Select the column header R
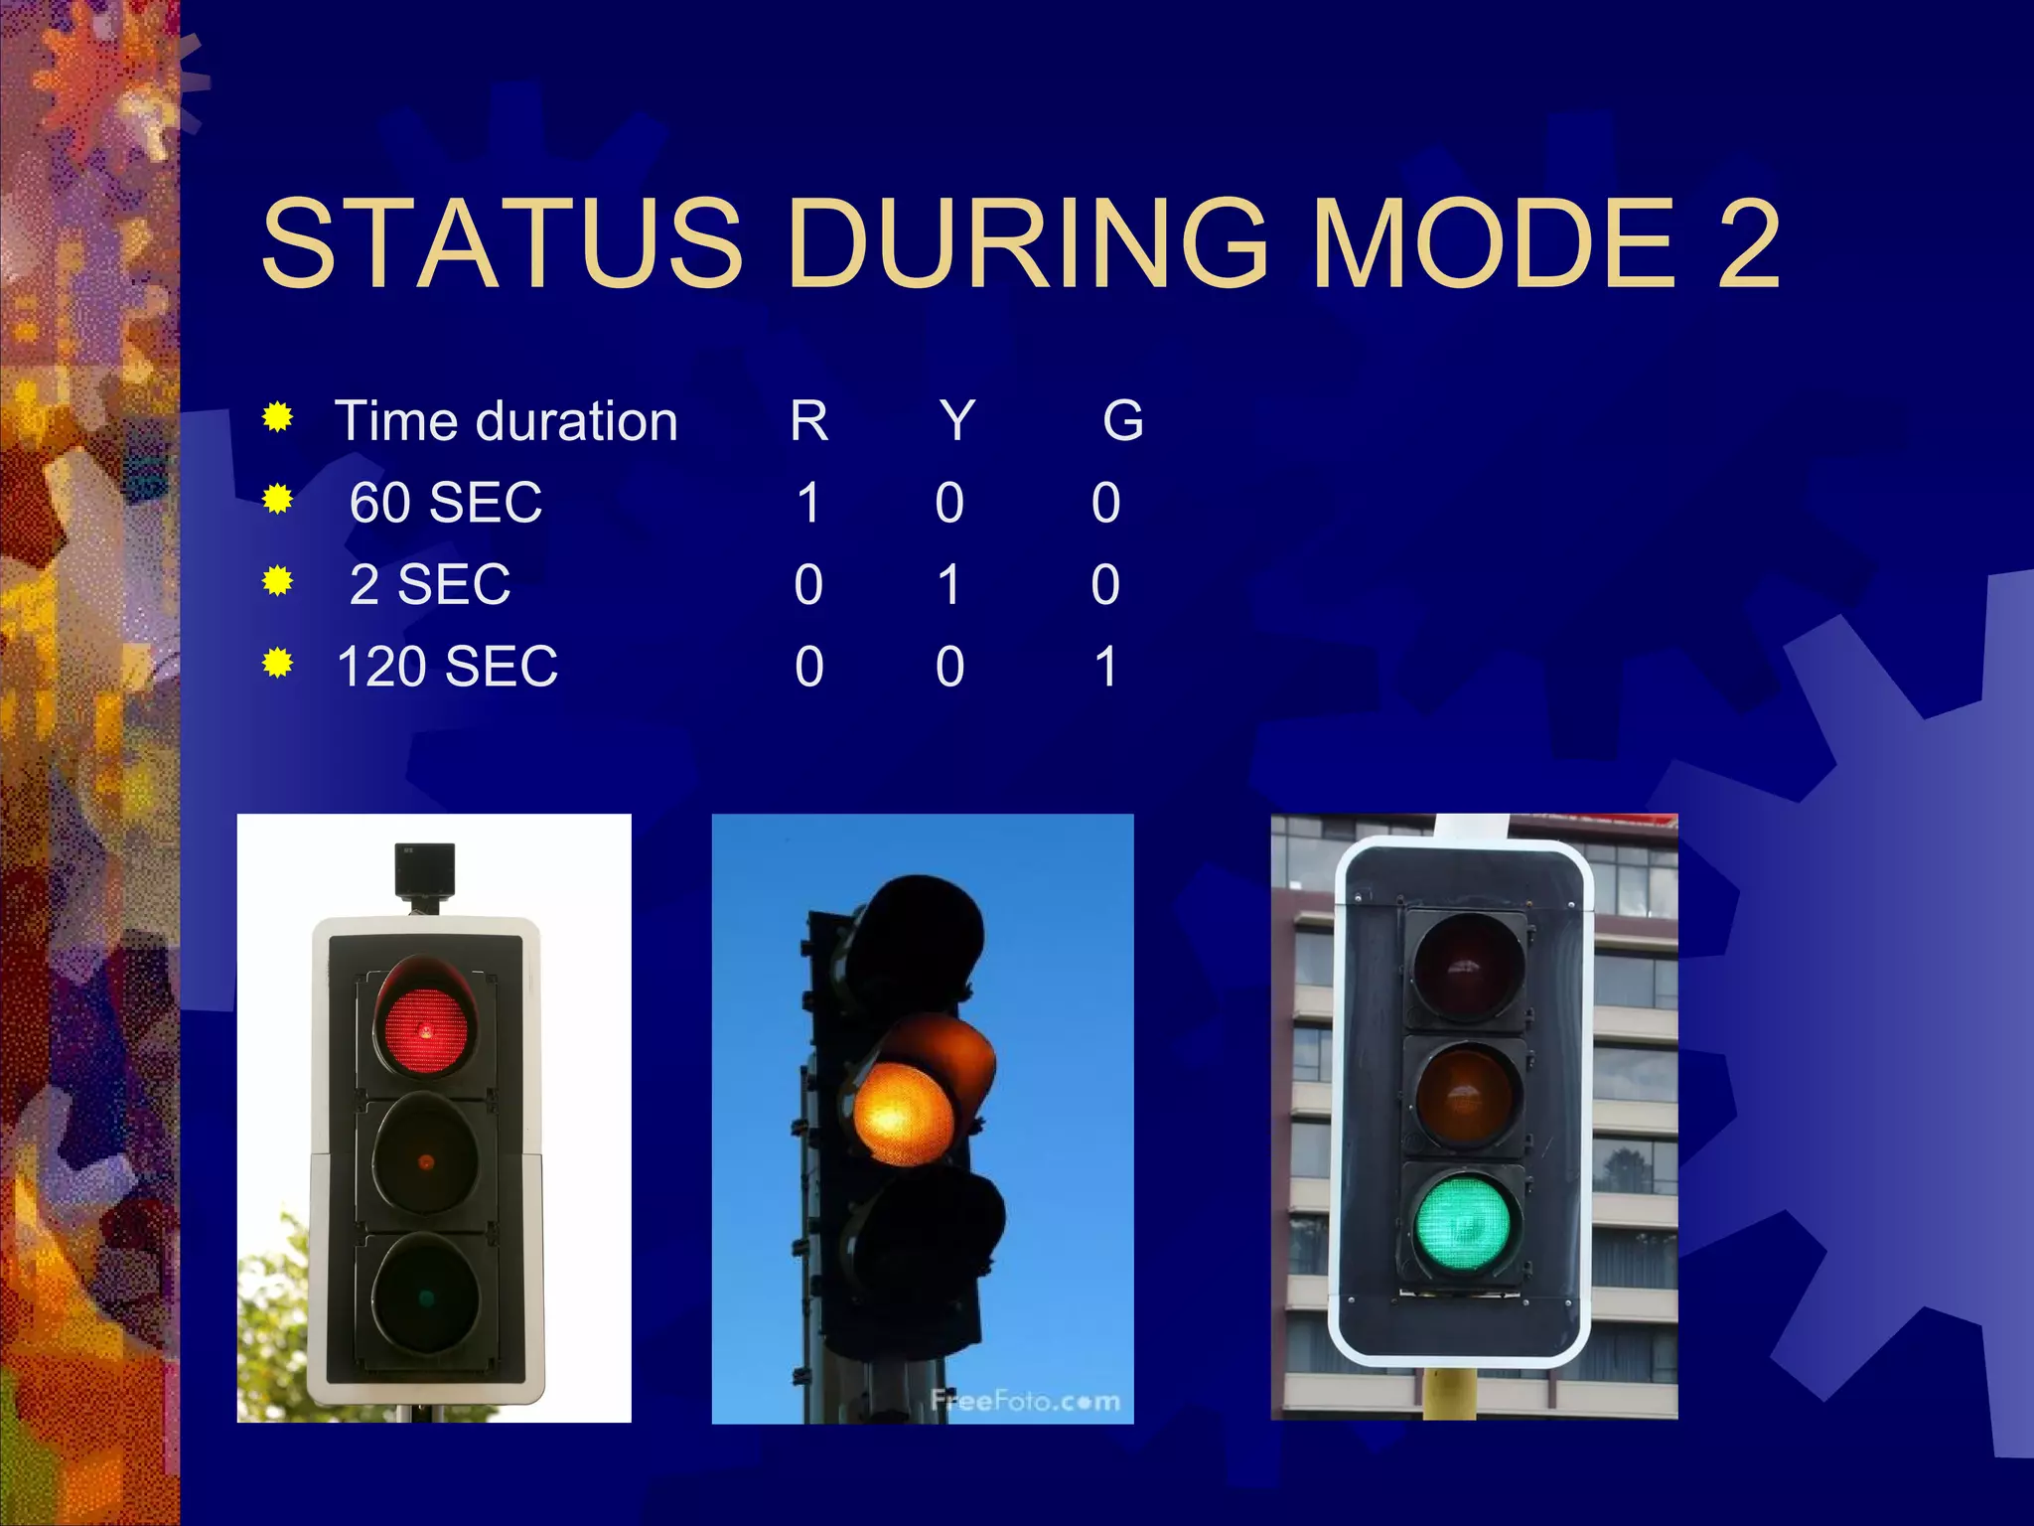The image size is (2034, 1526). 808,420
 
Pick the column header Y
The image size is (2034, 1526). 957,420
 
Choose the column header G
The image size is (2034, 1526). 1123,420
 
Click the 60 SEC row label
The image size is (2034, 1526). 446,502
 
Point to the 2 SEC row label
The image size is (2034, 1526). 430,584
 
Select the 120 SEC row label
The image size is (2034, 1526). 447,666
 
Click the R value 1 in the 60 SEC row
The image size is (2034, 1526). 808,502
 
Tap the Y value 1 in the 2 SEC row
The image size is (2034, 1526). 949,584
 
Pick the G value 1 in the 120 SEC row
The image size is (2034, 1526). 1105,666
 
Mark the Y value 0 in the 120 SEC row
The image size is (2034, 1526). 949,666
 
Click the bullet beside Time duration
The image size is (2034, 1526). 278,418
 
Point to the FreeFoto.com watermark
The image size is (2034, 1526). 1025,1401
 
